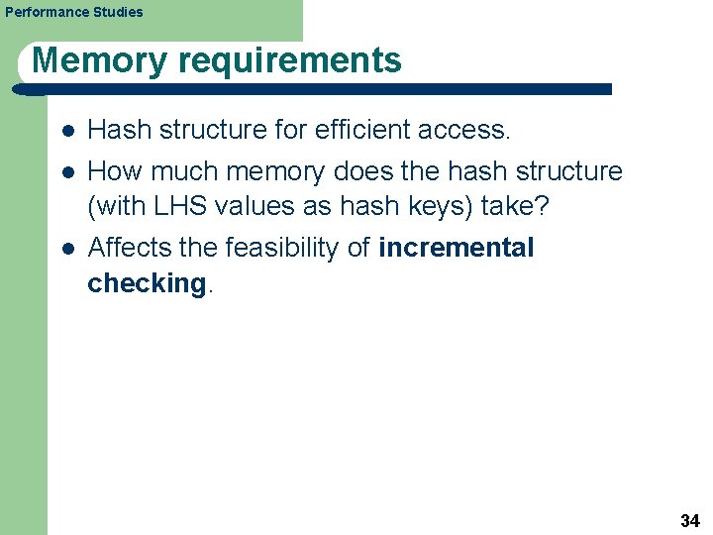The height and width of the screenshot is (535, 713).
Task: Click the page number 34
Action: (690, 520)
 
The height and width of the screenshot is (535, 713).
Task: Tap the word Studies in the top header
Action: (118, 12)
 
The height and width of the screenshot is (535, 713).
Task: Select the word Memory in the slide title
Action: (98, 60)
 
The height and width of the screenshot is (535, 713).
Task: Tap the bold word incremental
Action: (457, 247)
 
